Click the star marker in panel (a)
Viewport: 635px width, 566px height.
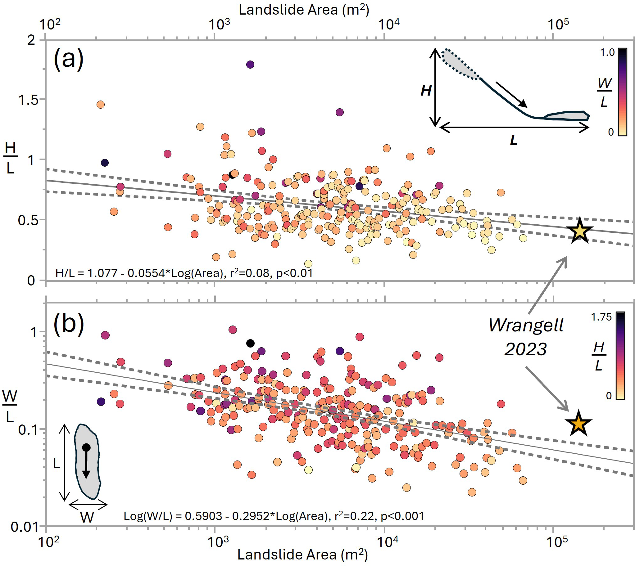580,231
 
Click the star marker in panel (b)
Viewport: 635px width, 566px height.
578,424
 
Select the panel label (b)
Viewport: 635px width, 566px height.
69,324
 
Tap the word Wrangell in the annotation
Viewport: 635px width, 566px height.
526,325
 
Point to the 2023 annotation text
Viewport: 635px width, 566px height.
525,349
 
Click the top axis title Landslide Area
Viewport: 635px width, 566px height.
304,10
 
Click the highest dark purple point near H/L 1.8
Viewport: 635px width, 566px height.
250,65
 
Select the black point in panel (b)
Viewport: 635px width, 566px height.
251,343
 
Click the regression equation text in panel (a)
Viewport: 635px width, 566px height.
184,273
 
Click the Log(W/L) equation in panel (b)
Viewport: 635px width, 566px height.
274,516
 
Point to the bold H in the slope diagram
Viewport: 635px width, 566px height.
426,91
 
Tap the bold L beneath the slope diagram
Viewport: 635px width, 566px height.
514,140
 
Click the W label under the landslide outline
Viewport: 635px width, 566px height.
87,518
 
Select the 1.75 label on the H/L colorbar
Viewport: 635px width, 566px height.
601,317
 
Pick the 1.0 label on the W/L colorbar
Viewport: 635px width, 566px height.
607,52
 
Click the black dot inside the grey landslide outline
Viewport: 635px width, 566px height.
86,447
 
